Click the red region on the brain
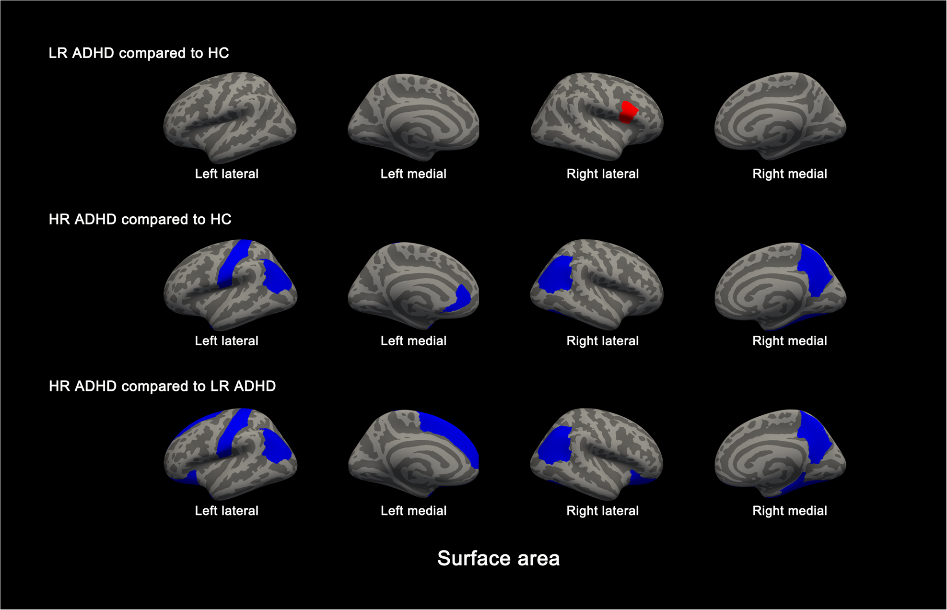[628, 112]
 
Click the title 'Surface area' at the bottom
[498, 558]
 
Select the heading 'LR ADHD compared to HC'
[139, 53]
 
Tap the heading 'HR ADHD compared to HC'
[140, 219]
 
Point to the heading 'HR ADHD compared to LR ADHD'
[162, 386]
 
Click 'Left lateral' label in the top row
[226, 174]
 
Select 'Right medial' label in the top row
[789, 174]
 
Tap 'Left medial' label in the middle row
[413, 341]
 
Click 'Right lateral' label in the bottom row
[602, 511]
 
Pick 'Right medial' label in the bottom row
[789, 511]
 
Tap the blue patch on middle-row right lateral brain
[555, 274]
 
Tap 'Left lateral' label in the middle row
[226, 341]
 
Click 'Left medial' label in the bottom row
[413, 511]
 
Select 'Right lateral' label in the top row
[602, 174]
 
